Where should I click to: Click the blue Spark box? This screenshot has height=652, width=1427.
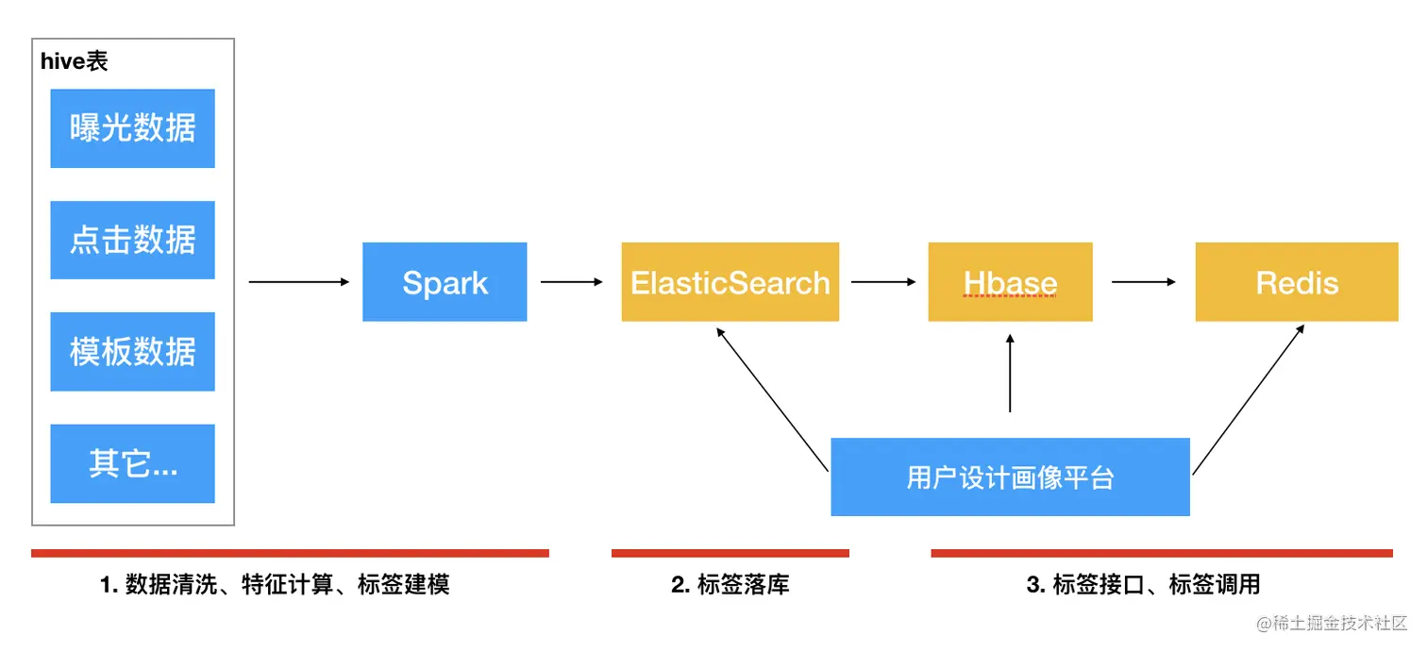pyautogui.click(x=445, y=282)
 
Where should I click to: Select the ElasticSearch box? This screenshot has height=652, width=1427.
pyautogui.click(x=730, y=282)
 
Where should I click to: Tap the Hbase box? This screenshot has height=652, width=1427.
pyautogui.click(x=1010, y=282)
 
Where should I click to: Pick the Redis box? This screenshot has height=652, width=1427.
pyautogui.click(x=1296, y=282)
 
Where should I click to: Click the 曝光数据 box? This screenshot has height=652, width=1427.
pyautogui.click(x=132, y=128)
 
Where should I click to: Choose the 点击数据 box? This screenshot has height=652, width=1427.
pyautogui.click(x=132, y=240)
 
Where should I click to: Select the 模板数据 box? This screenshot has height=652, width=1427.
pyautogui.click(x=132, y=351)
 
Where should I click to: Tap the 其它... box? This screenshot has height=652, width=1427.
pyautogui.click(x=132, y=463)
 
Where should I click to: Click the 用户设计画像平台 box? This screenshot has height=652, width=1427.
pyautogui.click(x=1010, y=476)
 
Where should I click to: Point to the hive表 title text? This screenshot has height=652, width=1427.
pyautogui.click(x=75, y=62)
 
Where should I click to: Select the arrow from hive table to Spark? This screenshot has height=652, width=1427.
pyautogui.click(x=298, y=281)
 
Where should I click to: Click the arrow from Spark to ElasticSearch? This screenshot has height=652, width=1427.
pyautogui.click(x=572, y=281)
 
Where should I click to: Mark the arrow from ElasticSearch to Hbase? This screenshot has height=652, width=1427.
pyautogui.click(x=883, y=281)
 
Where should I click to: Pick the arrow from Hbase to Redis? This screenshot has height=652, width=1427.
pyautogui.click(x=1143, y=281)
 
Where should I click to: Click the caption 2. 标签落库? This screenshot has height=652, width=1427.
pyautogui.click(x=730, y=585)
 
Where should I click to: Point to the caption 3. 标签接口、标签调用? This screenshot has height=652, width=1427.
pyautogui.click(x=1143, y=585)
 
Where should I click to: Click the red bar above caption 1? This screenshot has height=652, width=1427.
pyautogui.click(x=290, y=553)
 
